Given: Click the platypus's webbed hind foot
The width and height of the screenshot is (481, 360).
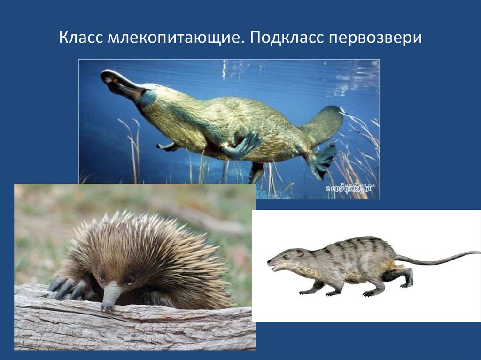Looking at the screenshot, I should tap(322, 160).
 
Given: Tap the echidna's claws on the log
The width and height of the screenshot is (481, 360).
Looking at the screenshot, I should tap(63, 287).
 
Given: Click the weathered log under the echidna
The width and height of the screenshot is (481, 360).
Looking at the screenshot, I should tap(141, 329).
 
